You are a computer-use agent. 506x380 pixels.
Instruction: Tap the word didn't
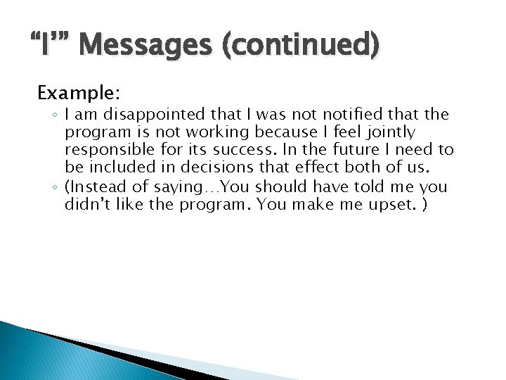85,205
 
